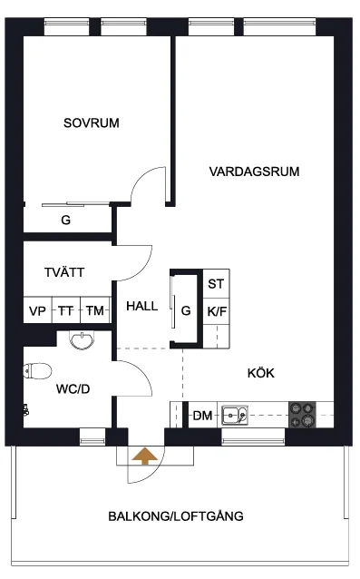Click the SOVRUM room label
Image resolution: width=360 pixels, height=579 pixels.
pos(91,123)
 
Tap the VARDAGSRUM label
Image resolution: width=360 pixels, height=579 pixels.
pos(254,172)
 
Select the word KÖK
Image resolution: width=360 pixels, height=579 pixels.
pos(261,373)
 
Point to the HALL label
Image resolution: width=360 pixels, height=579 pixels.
pos(141,306)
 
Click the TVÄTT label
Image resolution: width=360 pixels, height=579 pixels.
pos(64,272)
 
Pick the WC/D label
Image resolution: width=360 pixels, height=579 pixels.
pos(73,388)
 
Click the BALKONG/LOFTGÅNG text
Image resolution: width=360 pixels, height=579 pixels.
pos(176,515)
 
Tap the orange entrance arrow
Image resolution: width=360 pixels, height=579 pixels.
pos(144,456)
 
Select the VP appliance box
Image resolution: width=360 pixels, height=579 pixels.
pos(37,310)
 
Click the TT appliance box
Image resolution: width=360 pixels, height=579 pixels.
pos(66,310)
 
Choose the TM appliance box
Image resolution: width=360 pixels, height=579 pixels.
pos(95,310)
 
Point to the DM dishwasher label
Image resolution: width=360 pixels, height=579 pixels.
pos(202,416)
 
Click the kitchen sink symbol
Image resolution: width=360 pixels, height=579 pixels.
pos(235,415)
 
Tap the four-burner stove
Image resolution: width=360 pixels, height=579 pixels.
pos(303,415)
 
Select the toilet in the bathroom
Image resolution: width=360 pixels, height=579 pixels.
pos(37,371)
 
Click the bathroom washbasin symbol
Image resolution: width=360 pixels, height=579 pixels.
pos(82,340)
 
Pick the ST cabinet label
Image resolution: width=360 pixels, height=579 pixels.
pos(216,284)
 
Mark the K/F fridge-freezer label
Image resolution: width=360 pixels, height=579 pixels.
pos(217,311)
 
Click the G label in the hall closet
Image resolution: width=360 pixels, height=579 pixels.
pos(186,311)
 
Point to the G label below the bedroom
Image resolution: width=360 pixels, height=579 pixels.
pos(65,221)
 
